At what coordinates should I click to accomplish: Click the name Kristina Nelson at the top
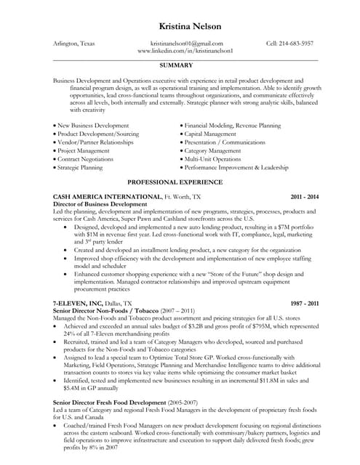(180, 26)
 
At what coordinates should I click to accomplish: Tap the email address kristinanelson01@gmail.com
(186, 44)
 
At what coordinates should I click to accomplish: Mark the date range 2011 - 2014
(304, 197)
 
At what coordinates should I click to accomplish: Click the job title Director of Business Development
(100, 204)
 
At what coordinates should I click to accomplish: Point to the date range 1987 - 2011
(304, 302)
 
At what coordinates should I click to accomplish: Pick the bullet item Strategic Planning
(81, 167)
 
